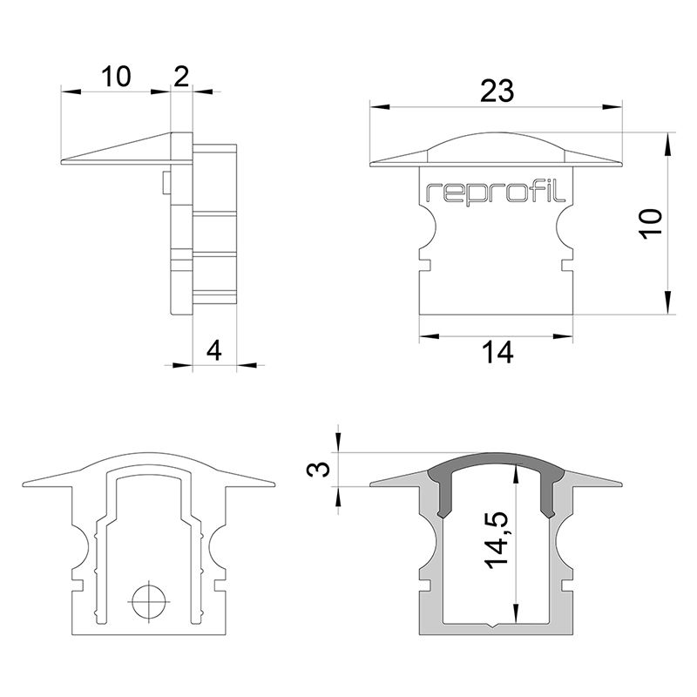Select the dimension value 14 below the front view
click(x=497, y=353)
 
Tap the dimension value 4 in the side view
click(x=214, y=350)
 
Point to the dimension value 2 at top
click(x=181, y=77)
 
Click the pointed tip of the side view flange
click(x=64, y=161)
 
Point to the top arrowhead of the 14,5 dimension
click(x=518, y=470)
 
